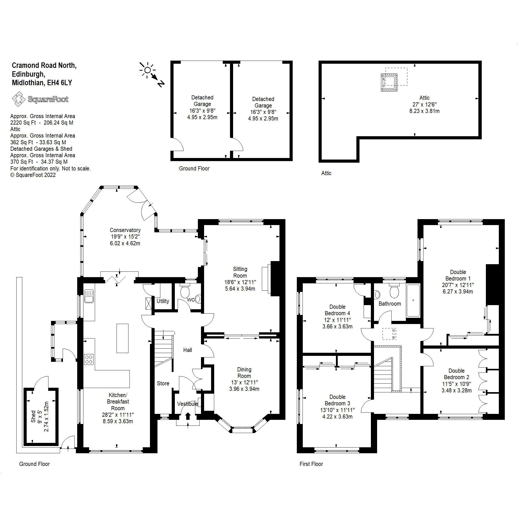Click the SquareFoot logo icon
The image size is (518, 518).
pos(18,99)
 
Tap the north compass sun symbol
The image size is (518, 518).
pos(147,70)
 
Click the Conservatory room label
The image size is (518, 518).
pos(125,230)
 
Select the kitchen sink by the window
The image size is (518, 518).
pos(89,296)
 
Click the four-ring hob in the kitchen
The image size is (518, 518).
pos(89,359)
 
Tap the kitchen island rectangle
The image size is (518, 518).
pos(122,338)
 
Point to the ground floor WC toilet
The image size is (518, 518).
pos(185,291)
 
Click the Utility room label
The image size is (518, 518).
pos(163,301)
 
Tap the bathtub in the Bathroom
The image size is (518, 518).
pos(413,300)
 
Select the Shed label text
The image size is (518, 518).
pos(33,416)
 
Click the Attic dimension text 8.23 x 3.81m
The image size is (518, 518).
pos(424,111)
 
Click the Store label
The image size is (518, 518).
pos(163,383)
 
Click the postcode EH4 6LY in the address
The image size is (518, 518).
pos(60,83)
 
